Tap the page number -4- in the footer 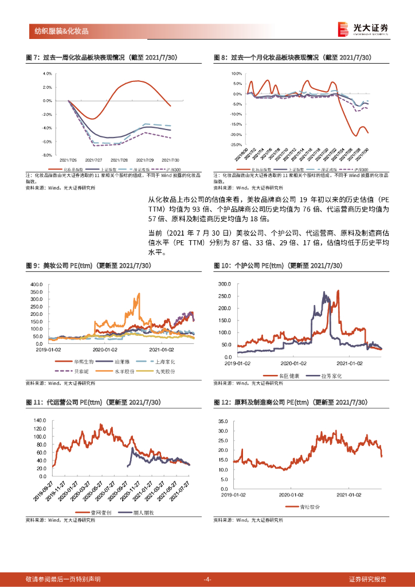(207, 579)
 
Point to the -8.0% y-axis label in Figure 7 (46, 155)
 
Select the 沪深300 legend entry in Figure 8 (358, 170)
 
